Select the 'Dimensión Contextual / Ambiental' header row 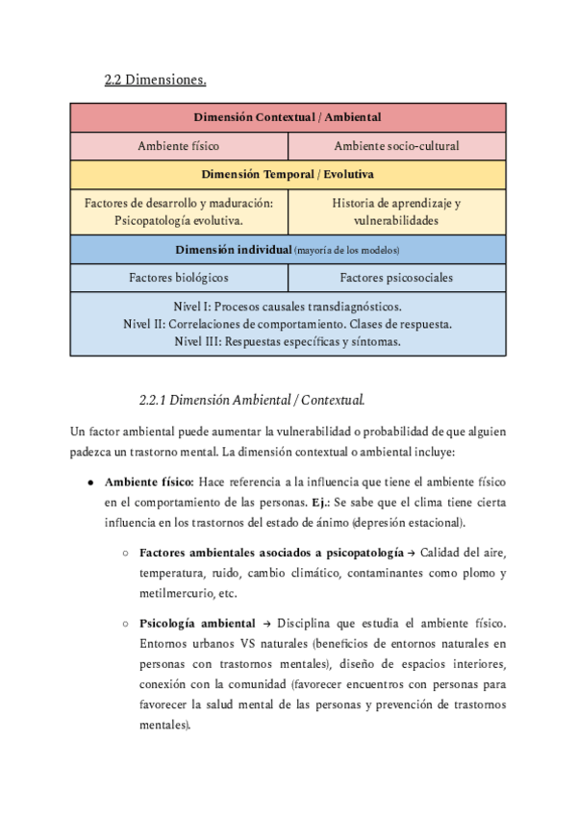click(x=288, y=117)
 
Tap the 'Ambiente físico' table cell click(x=179, y=146)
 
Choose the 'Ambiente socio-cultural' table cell click(x=396, y=146)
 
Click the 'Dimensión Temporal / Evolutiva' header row click(x=288, y=174)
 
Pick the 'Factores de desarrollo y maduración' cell click(x=179, y=211)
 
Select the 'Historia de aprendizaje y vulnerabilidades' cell click(x=396, y=211)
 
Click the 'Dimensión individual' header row click(x=288, y=250)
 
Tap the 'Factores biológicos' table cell click(x=179, y=278)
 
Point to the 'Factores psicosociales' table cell click(x=396, y=278)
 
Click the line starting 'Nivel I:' click(x=288, y=307)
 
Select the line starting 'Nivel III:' click(x=288, y=341)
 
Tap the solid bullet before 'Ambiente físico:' click(x=89, y=481)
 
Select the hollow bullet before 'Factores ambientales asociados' click(x=125, y=553)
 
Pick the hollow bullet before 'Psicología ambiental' click(x=125, y=624)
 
